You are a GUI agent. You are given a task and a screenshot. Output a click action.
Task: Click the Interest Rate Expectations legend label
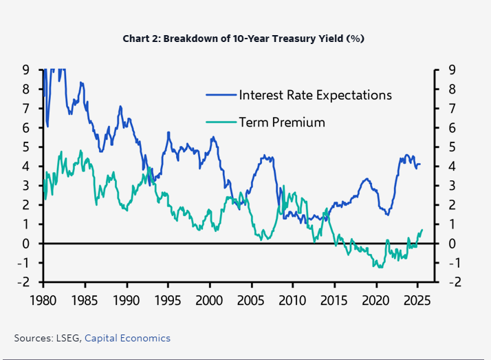(315, 95)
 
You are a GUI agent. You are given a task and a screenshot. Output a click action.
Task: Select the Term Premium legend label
(281, 123)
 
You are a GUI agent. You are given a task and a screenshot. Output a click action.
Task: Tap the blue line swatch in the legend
(220, 95)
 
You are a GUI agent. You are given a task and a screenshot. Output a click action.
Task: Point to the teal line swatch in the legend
(220, 123)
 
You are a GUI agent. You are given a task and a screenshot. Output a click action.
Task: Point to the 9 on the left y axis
(25, 70)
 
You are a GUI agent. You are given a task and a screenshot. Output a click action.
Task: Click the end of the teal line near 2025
(422, 230)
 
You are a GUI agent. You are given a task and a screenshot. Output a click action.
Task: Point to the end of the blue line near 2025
(421, 164)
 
